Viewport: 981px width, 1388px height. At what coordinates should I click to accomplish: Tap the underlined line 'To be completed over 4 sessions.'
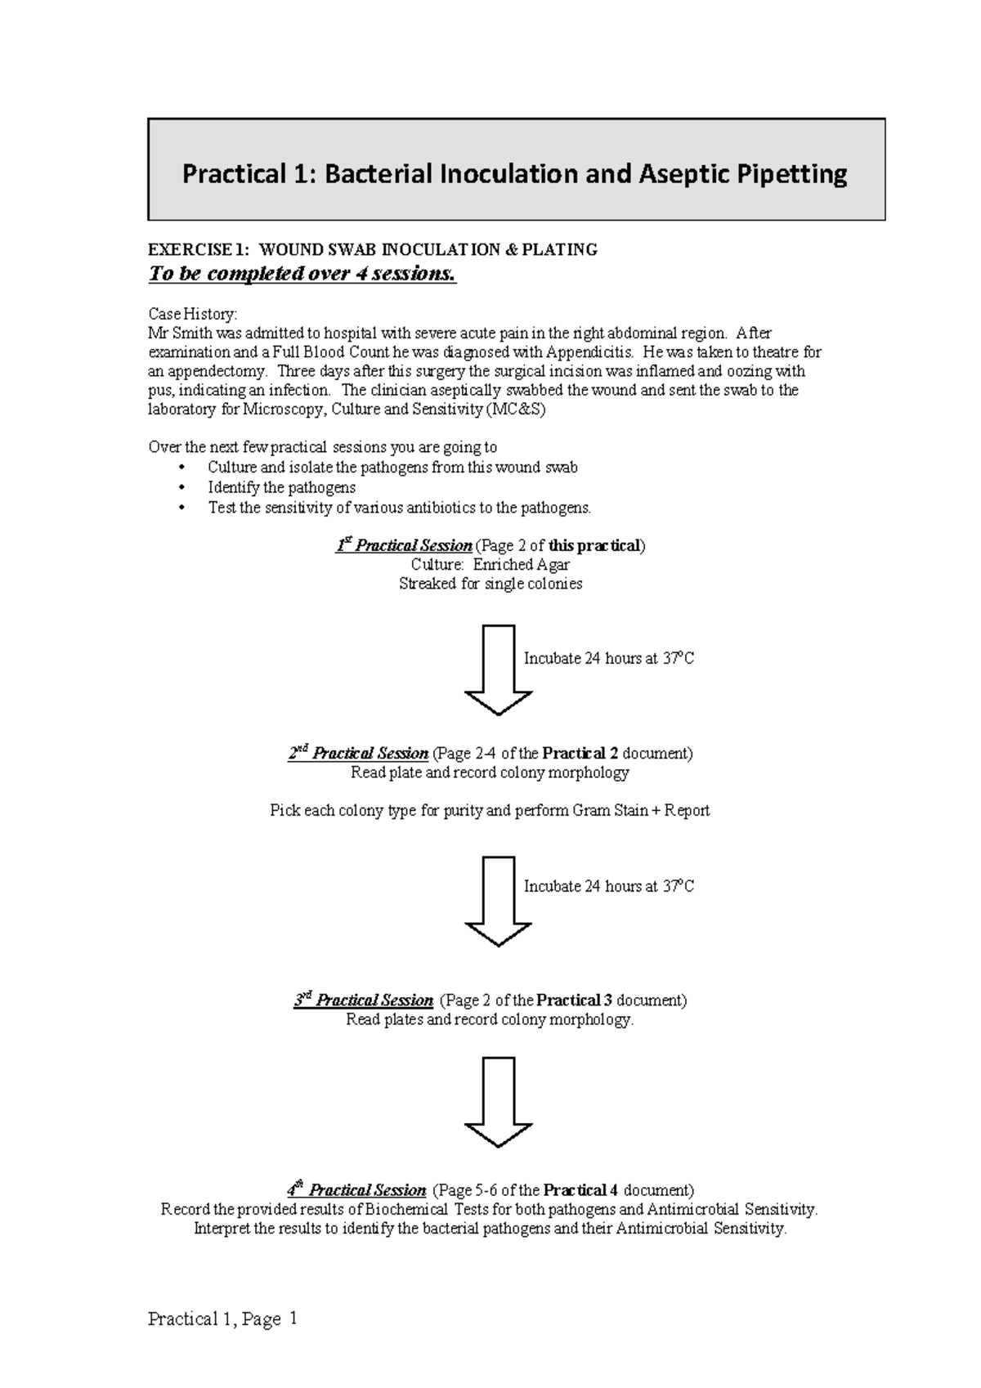pyautogui.click(x=302, y=274)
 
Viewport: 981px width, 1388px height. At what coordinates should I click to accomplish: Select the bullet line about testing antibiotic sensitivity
pyautogui.click(x=399, y=508)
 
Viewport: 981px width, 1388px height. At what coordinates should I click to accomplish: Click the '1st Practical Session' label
pyautogui.click(x=403, y=545)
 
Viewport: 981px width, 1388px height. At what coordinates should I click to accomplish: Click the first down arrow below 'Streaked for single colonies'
pyautogui.click(x=498, y=669)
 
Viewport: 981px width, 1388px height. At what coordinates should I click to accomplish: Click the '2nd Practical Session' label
pyautogui.click(x=358, y=753)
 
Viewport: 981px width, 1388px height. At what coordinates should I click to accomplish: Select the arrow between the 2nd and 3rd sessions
pyautogui.click(x=498, y=901)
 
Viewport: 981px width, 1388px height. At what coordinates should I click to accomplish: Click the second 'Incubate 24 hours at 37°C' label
pyautogui.click(x=608, y=886)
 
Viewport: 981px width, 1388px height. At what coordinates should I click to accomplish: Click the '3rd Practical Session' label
pyautogui.click(x=364, y=1000)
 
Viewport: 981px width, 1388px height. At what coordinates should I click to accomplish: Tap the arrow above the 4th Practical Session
pyautogui.click(x=498, y=1102)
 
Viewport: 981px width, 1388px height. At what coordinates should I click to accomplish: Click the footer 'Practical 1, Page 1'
pyautogui.click(x=222, y=1319)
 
